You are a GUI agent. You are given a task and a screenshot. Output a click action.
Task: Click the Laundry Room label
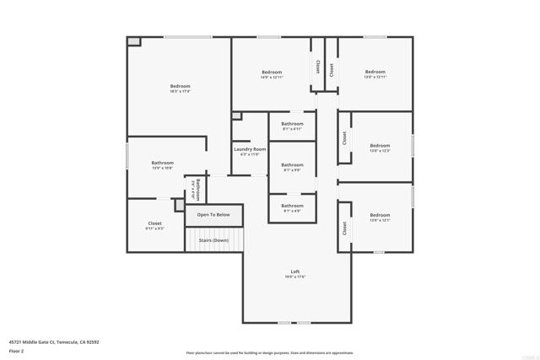pyautogui.click(x=249, y=151)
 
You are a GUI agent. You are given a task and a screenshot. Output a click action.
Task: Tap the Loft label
pyautogui.click(x=294, y=273)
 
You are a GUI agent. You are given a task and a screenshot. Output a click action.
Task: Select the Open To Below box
pyautogui.click(x=213, y=215)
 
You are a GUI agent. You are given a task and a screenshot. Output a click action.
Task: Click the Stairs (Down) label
pyautogui.click(x=213, y=240)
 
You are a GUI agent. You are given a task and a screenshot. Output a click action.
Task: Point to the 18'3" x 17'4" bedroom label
pyautogui.click(x=180, y=88)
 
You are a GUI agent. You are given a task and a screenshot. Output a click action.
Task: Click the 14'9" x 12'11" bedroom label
pyautogui.click(x=272, y=74)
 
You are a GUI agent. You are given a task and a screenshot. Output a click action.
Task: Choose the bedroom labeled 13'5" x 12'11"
pyautogui.click(x=375, y=74)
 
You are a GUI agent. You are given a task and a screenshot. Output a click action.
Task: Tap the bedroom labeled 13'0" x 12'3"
pyautogui.click(x=380, y=147)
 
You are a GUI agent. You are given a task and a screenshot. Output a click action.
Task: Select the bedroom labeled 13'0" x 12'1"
pyautogui.click(x=380, y=217)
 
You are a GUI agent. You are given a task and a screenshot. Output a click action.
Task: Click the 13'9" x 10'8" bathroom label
pyautogui.click(x=162, y=165)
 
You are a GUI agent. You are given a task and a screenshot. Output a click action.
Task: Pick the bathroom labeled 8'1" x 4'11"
pyautogui.click(x=292, y=126)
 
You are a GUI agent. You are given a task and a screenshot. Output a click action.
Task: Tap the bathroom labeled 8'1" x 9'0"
pyautogui.click(x=292, y=167)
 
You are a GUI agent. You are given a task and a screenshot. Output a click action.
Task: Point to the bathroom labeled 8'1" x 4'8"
pyautogui.click(x=292, y=207)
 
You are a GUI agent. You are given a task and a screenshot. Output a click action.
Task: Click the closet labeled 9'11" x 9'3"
pyautogui.click(x=154, y=226)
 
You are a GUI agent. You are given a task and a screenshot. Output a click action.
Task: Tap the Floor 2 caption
pyautogui.click(x=16, y=351)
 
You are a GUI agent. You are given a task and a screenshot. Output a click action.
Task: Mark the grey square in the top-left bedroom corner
pyautogui.click(x=133, y=41)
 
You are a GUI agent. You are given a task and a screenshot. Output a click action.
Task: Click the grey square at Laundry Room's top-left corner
pyautogui.click(x=236, y=116)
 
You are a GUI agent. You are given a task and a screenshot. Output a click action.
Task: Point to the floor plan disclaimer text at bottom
pyautogui.click(x=270, y=353)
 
